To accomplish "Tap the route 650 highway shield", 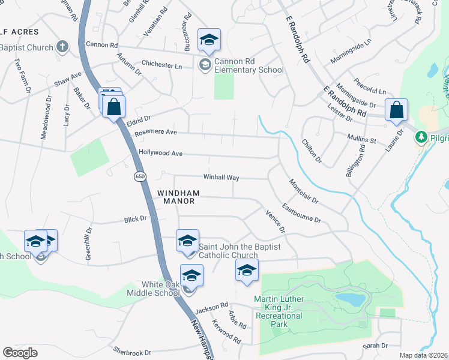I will (140, 176).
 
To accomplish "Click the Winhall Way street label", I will (221, 178).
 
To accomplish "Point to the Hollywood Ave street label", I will (160, 154).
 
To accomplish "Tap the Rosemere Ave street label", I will (156, 132).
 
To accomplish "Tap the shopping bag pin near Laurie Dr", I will (396, 110).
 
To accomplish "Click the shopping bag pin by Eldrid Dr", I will (113, 107).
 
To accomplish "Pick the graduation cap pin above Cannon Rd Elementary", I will (209, 40).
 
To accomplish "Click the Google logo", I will (20, 353).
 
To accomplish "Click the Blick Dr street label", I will (135, 220).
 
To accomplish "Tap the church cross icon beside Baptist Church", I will (62, 46).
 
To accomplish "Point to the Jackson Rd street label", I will (211, 305).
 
